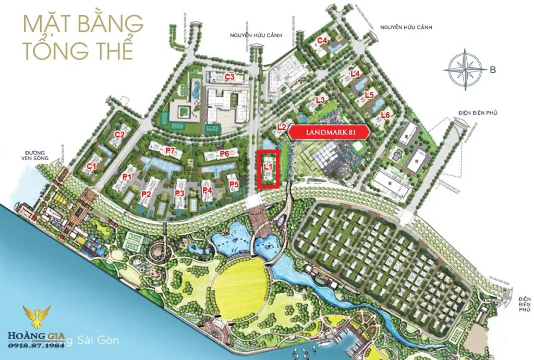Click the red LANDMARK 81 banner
[x=329, y=133]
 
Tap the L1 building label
[x=269, y=166]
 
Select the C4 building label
[x=322, y=40]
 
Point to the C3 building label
[x=229, y=77]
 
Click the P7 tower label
[x=169, y=150]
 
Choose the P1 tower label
[x=127, y=177]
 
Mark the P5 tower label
[x=234, y=184]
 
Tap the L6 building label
[x=386, y=115]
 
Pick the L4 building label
[x=356, y=74]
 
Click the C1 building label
[x=92, y=166]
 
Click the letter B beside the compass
[x=493, y=70]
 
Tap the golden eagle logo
[x=37, y=317]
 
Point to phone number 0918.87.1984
[x=37, y=345]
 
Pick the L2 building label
[x=282, y=126]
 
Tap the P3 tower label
[x=180, y=193]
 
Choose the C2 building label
[x=119, y=134]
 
